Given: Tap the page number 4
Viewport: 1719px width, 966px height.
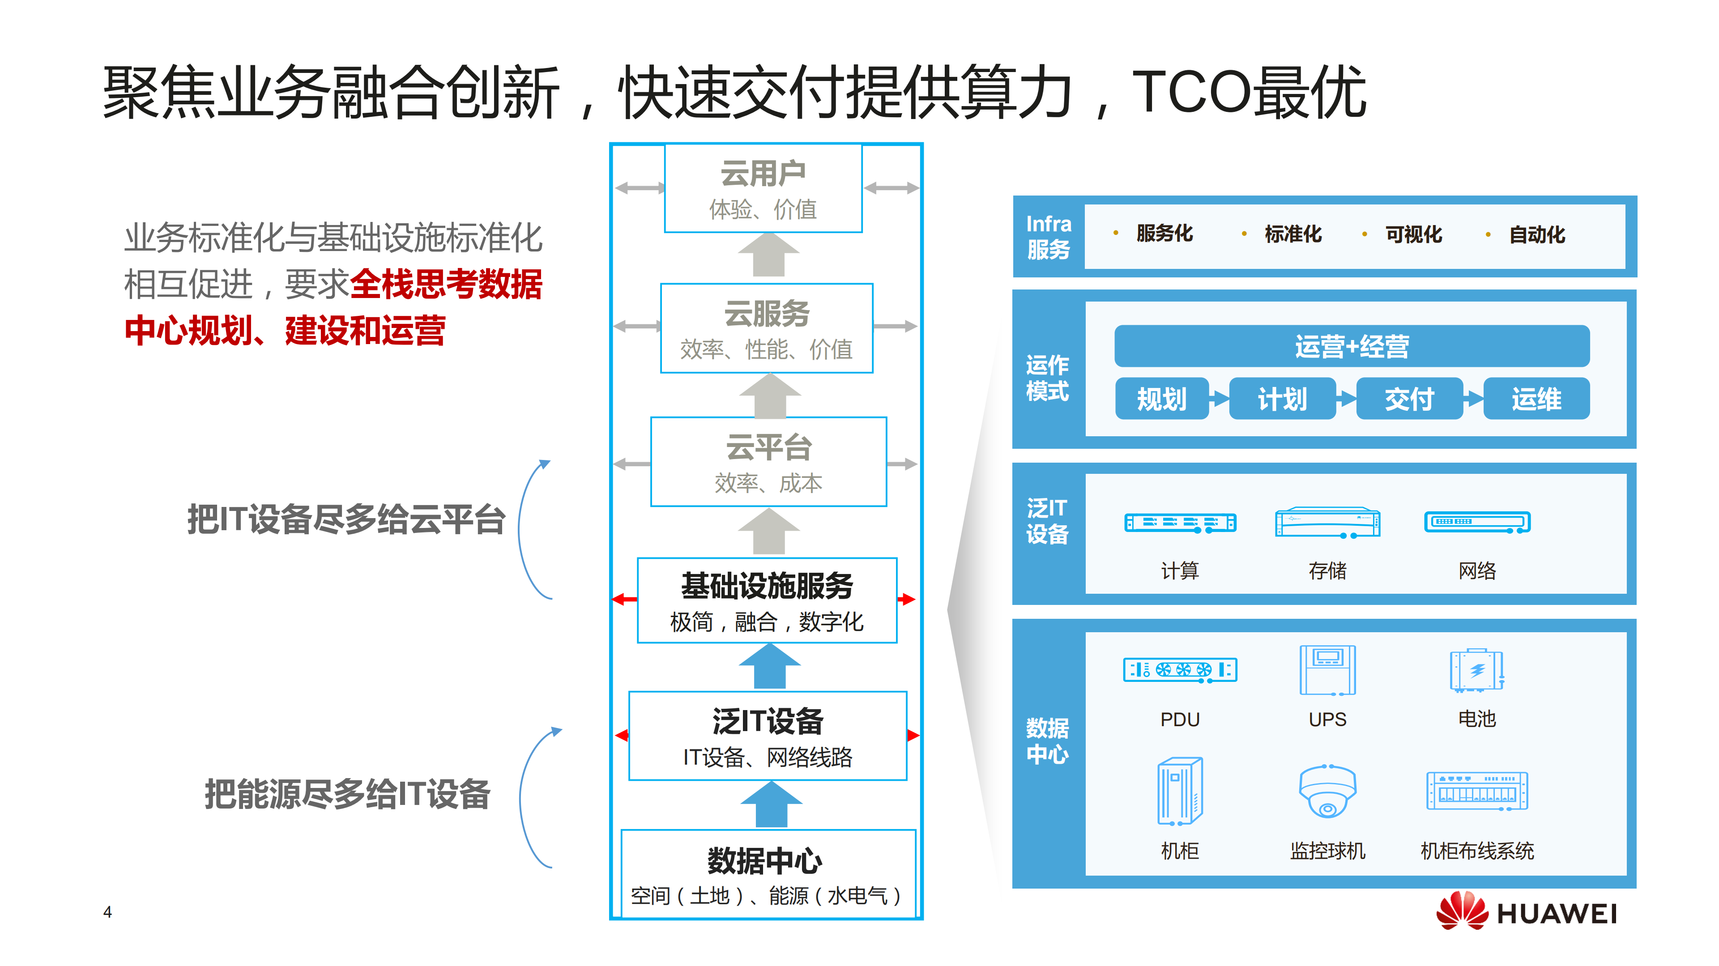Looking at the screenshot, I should click(x=107, y=912).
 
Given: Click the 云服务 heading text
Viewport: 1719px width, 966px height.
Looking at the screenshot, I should click(x=767, y=314).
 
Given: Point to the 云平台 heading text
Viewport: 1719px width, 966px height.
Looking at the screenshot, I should click(x=769, y=447).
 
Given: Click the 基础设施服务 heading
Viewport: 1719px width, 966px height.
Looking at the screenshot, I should click(x=767, y=586).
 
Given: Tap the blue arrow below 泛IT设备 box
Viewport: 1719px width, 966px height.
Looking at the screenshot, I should click(x=771, y=804).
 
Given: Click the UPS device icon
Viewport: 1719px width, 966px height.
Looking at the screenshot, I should click(x=1327, y=670).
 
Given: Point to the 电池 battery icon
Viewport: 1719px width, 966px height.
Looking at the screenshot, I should click(x=1477, y=670).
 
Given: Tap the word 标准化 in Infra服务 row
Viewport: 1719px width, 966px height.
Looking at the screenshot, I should click(x=1292, y=234).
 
